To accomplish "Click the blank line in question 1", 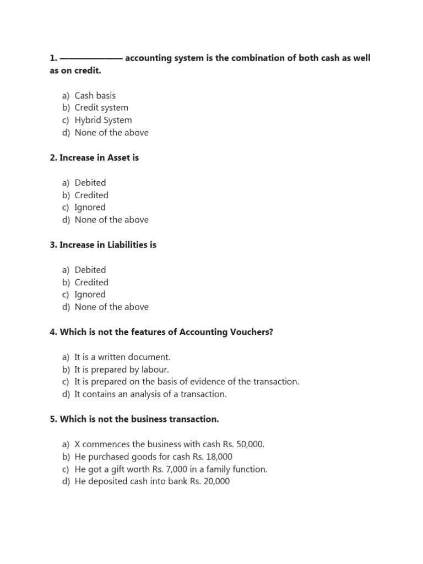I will [91, 58].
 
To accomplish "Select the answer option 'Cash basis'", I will [95, 95].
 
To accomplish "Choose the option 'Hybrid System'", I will [103, 120].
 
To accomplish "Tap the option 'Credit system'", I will [101, 108].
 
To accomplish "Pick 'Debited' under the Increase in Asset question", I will [90, 183].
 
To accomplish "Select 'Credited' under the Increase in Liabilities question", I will [91, 283].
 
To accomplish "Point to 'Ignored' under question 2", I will [90, 208].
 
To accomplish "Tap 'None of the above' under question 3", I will [111, 307].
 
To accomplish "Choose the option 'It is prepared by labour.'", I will [122, 370].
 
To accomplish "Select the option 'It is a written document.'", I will [122, 357].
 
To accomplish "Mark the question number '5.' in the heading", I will [53, 419].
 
